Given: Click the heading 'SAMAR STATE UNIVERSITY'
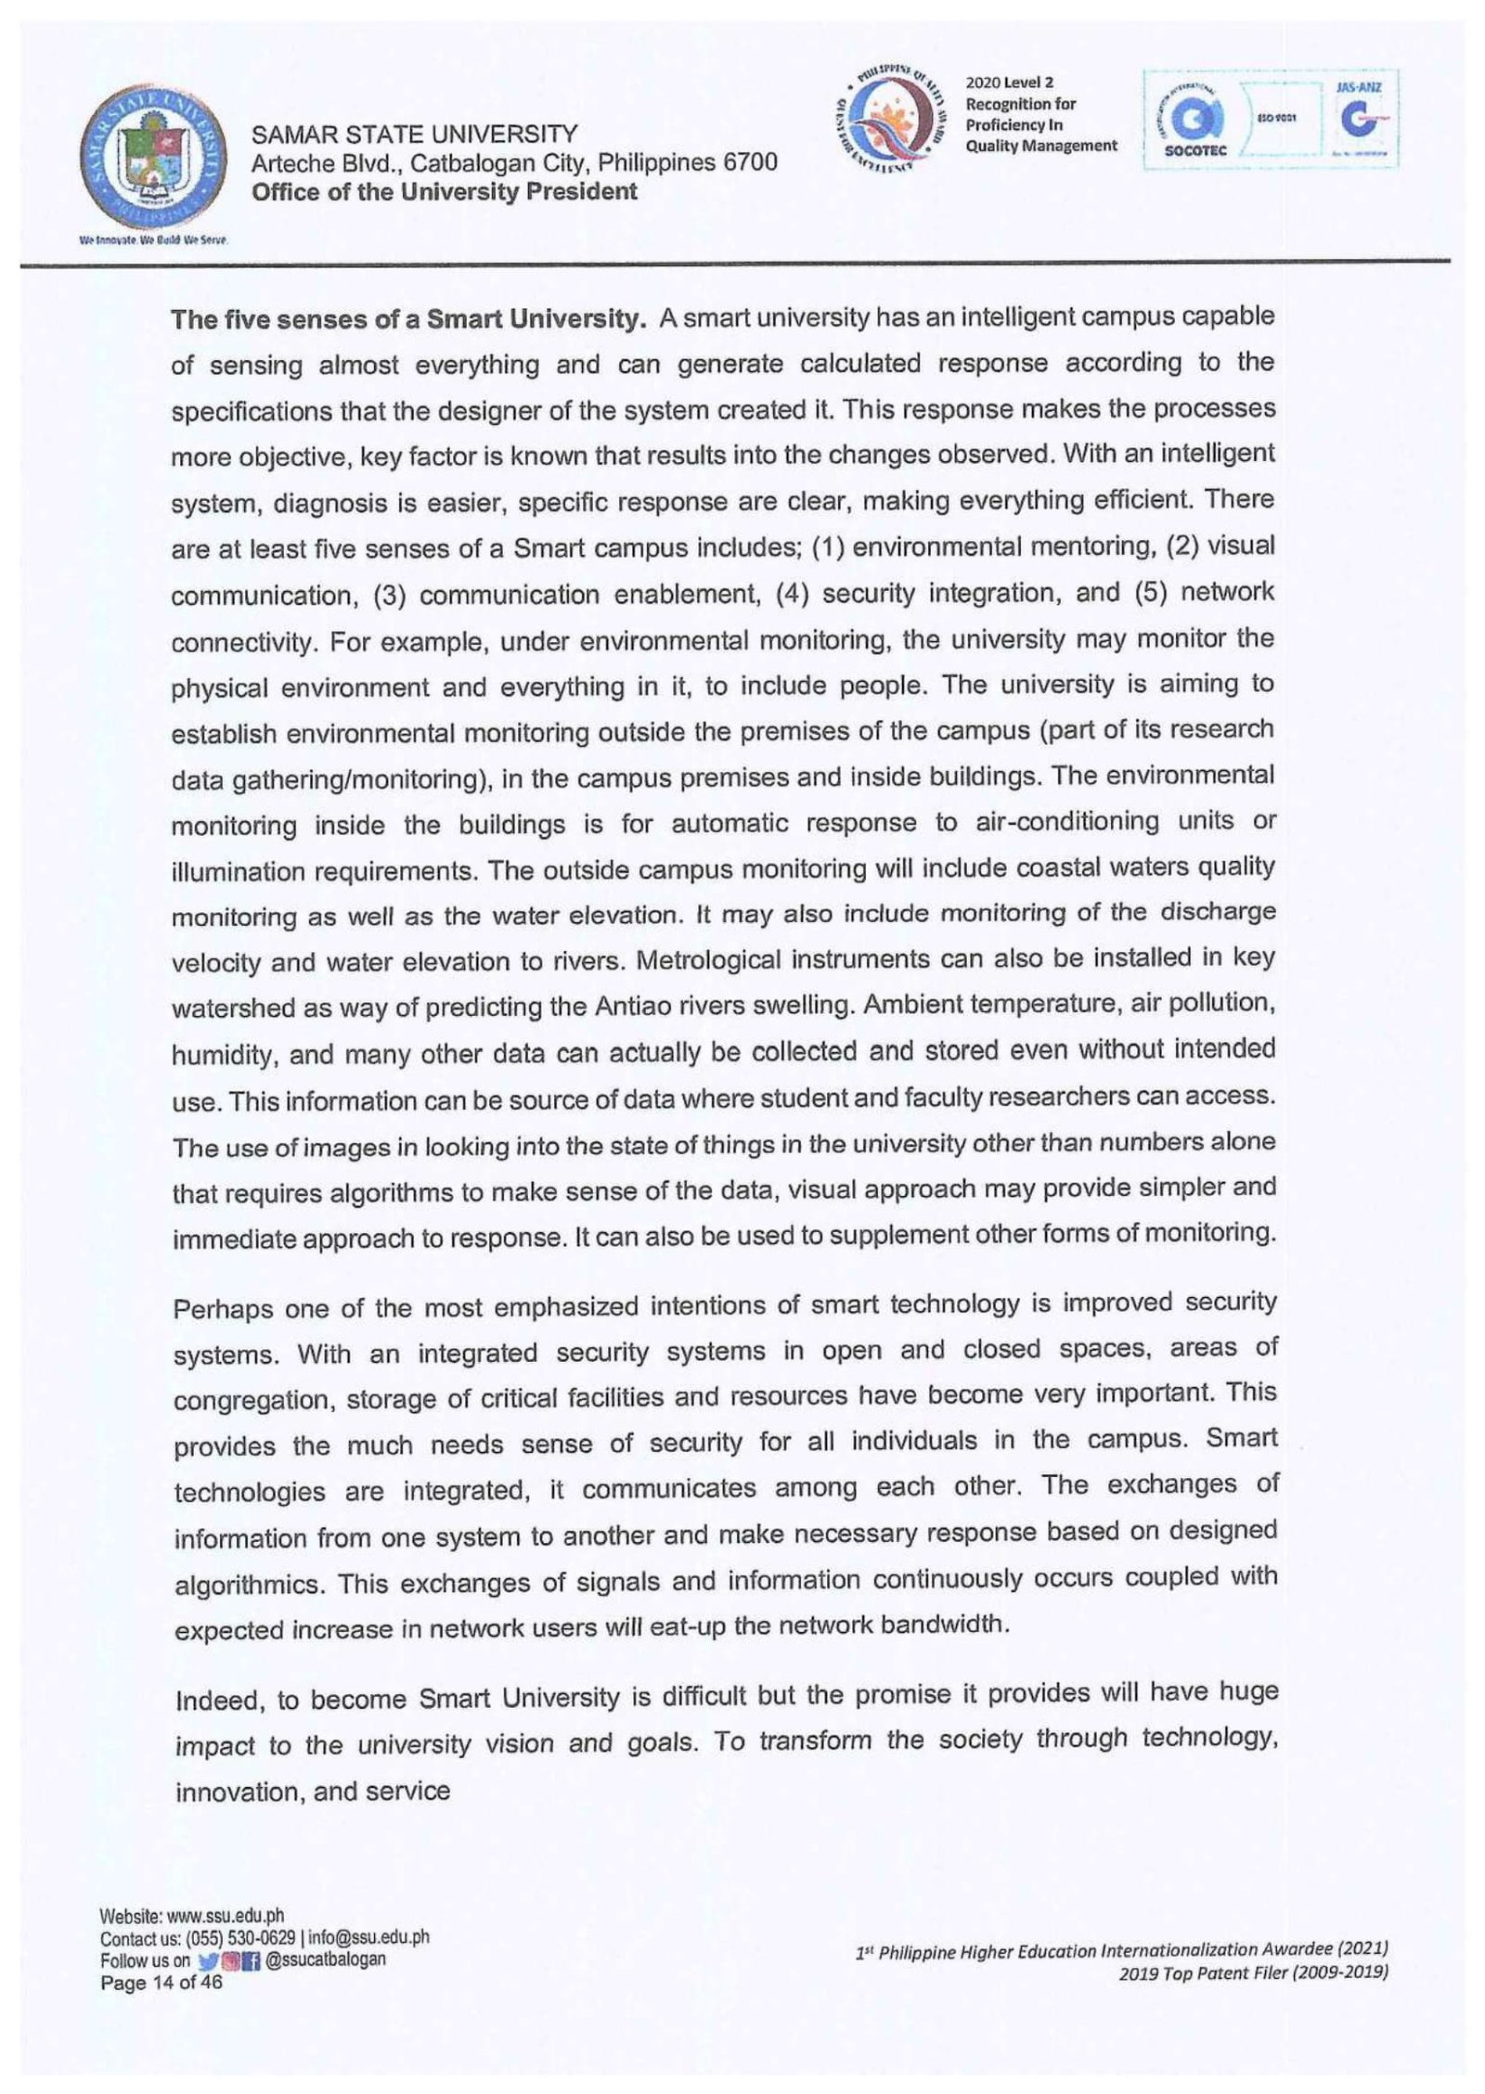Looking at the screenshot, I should point(414,135).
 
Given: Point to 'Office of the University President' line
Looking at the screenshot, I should point(444,192).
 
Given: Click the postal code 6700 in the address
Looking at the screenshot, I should point(750,163).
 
